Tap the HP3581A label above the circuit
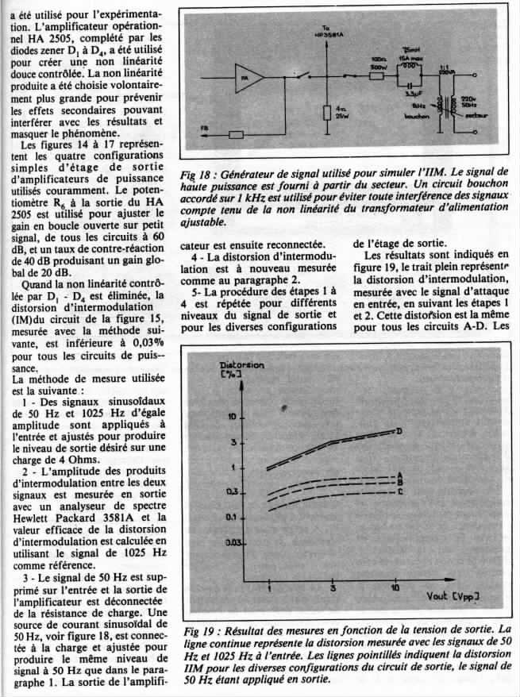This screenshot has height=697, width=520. (326, 36)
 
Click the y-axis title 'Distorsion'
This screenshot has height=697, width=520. (241, 365)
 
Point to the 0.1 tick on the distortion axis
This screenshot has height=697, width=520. (233, 517)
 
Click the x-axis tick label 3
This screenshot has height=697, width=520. (332, 588)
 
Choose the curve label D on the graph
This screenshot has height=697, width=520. (399, 431)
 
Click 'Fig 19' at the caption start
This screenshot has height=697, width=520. (195, 627)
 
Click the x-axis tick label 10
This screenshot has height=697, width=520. (395, 588)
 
